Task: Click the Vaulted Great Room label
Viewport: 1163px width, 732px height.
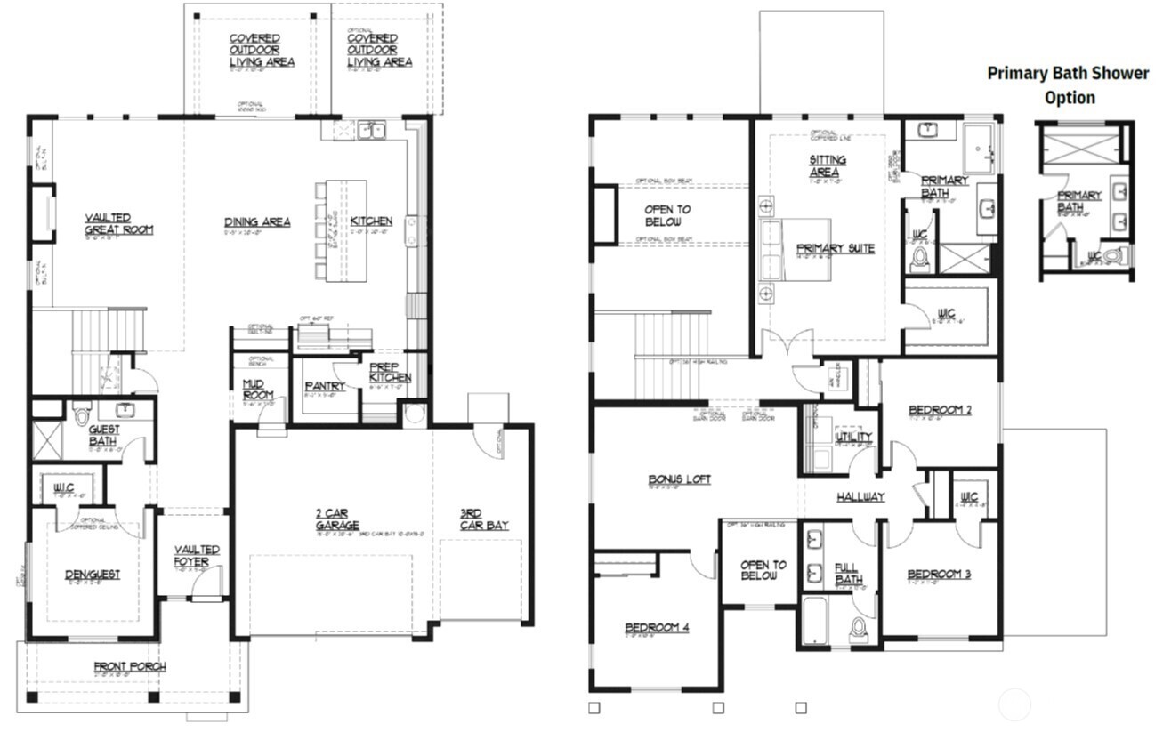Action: pos(118,223)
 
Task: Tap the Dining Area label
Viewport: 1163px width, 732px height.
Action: pos(257,221)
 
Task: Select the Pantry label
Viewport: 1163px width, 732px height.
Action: pos(325,386)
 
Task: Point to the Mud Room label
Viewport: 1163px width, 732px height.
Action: pos(256,390)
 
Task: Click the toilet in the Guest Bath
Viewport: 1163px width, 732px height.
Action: pos(83,414)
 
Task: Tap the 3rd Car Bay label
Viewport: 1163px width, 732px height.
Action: pos(484,519)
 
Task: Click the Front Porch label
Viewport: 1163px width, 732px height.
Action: pos(130,666)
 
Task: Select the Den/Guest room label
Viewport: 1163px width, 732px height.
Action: pos(93,575)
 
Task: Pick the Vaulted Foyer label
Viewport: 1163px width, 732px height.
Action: pos(197,555)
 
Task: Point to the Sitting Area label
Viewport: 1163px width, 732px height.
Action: pos(827,165)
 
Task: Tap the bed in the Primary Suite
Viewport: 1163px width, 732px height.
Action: pos(795,249)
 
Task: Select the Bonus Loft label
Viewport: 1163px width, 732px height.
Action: pos(679,479)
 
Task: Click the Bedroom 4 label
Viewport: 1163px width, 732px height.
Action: pos(657,627)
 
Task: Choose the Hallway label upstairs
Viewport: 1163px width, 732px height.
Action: pos(860,496)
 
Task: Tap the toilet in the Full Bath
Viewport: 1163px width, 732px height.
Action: pos(859,628)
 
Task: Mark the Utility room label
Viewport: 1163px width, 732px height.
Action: pos(853,437)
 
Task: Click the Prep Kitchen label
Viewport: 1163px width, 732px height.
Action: pos(391,372)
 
